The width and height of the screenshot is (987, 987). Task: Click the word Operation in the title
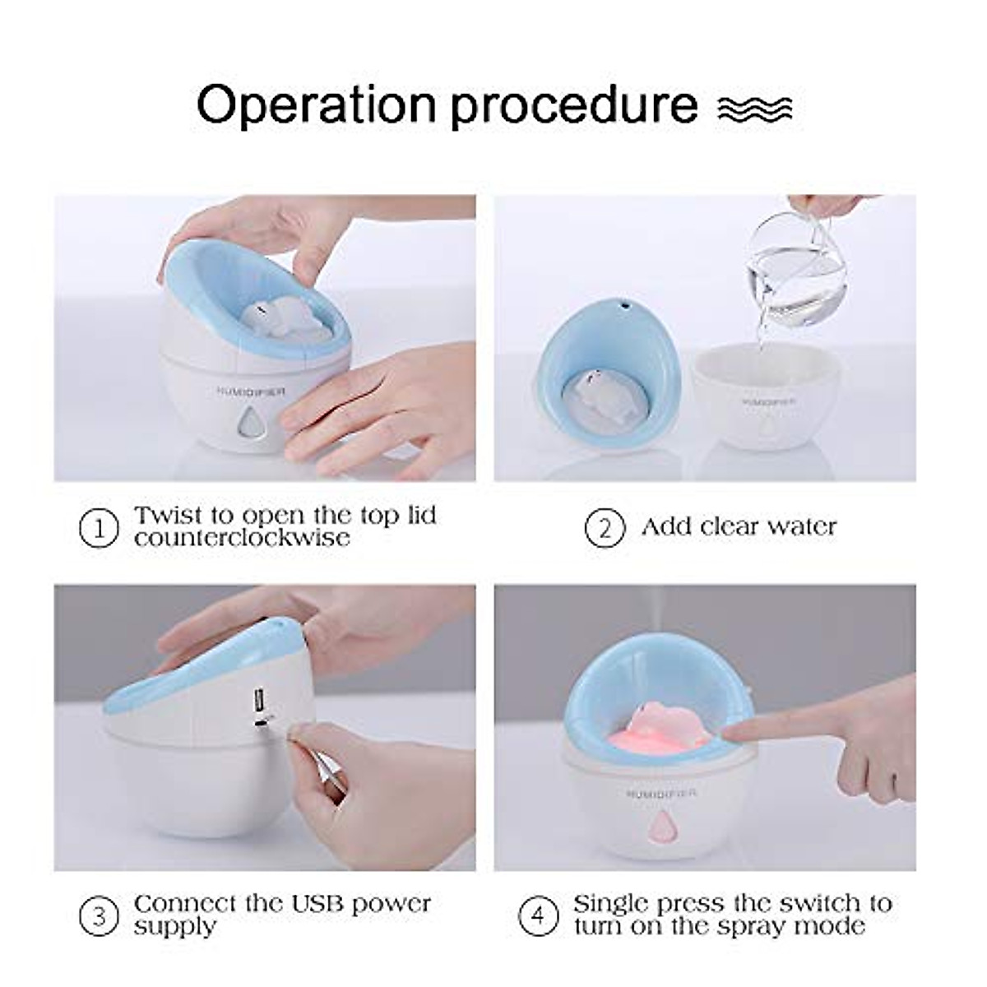(x=316, y=105)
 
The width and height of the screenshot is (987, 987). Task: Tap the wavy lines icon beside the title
(x=754, y=109)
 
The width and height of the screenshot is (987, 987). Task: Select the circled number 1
(x=100, y=528)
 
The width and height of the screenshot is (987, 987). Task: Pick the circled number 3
(x=100, y=915)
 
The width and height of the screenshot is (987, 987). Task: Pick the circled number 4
(x=540, y=915)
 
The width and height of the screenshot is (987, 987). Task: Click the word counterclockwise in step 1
(x=242, y=539)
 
